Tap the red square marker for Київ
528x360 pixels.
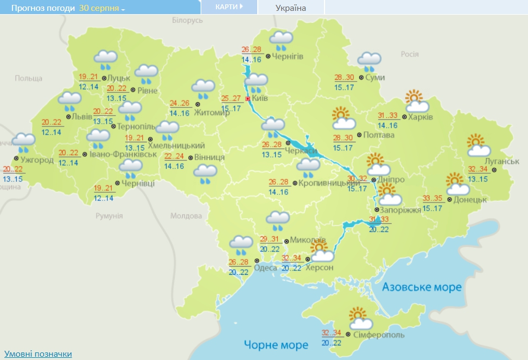pos(248,99)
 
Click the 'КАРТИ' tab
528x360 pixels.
pos(228,7)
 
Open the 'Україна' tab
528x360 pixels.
pos(290,8)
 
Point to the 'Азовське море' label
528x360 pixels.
pos(421,287)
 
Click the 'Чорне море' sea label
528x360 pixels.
pos(276,345)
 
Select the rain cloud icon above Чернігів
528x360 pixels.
pos(281,41)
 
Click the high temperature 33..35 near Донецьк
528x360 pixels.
pos(432,198)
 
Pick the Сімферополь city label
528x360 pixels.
pos(379,335)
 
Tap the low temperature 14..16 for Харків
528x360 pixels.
pos(387,125)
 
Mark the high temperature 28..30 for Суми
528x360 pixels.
pos(344,78)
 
